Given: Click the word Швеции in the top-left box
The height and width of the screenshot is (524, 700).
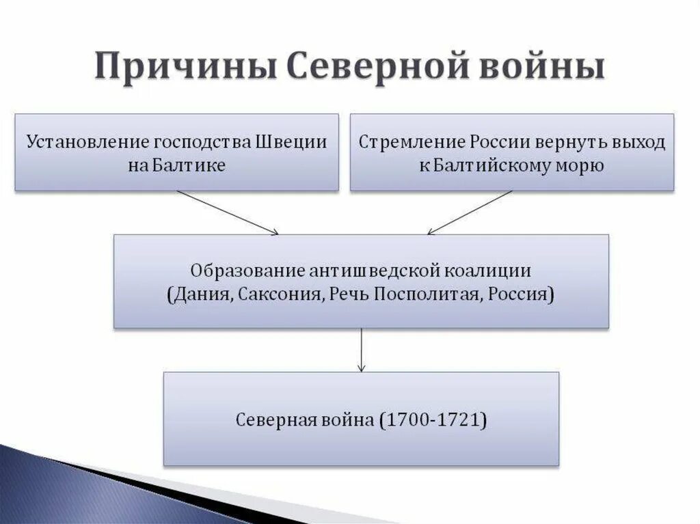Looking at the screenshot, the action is [291, 142].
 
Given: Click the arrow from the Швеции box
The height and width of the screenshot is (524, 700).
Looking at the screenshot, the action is [227, 212].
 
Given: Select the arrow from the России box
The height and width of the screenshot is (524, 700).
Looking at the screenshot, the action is [470, 212].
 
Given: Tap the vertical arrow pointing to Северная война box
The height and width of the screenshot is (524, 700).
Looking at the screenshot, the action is [361, 350].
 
